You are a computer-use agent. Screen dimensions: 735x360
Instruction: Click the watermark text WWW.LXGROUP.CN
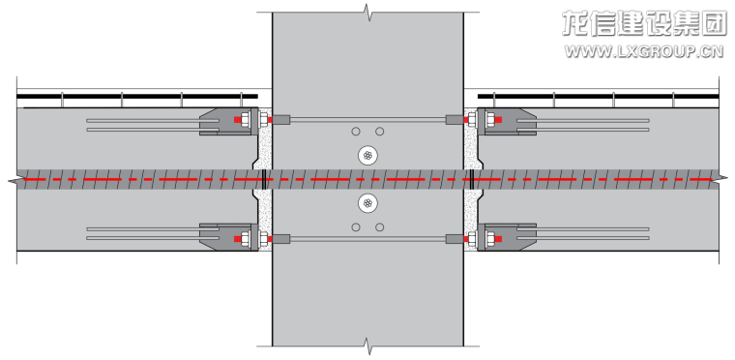coord(643,51)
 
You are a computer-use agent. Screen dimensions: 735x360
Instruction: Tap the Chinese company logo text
coord(644,23)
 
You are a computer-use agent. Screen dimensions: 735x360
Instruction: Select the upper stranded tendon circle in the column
coord(367,156)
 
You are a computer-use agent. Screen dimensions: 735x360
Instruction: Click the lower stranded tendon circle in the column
coord(367,203)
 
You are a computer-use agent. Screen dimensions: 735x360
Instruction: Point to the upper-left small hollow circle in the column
coord(356,132)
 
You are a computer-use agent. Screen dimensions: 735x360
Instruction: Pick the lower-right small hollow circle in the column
coord(380,227)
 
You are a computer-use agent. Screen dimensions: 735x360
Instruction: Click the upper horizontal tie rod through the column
coord(367,120)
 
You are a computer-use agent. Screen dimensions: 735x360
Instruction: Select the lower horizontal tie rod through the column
coord(367,239)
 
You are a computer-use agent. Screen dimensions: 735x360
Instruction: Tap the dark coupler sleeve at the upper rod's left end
coord(281,120)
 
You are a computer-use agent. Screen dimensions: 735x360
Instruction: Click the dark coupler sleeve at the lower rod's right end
coord(455,239)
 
